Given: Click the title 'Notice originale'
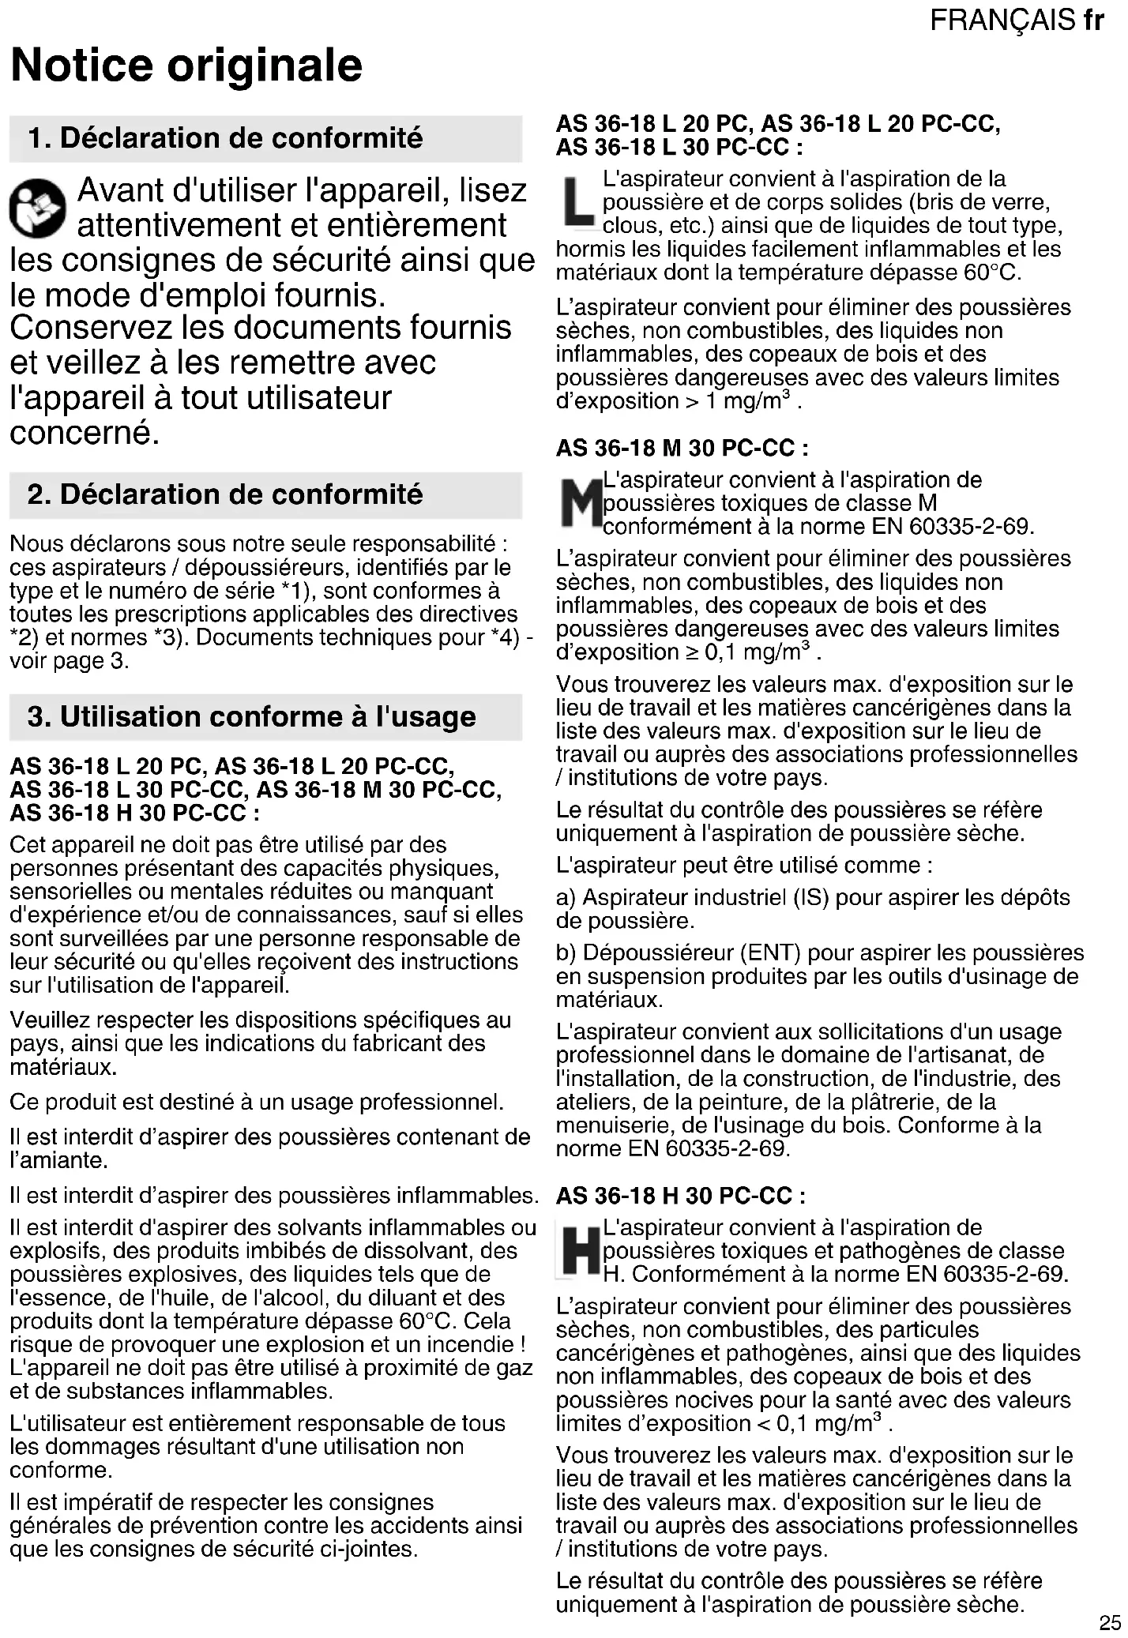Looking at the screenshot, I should point(186,65).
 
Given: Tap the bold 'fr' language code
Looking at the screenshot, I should point(1093,20).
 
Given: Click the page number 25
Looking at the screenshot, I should point(1109,1623).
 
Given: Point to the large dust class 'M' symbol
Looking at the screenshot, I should point(579,503).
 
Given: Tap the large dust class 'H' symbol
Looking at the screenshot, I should point(579,1251).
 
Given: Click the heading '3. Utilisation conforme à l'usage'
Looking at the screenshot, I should point(251,716).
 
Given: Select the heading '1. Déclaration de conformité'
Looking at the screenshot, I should point(225,138).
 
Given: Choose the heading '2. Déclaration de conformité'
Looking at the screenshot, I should point(225,494).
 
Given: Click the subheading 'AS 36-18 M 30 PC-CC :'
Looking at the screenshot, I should point(682,449).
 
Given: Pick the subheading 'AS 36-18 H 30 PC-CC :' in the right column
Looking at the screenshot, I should point(680,1196).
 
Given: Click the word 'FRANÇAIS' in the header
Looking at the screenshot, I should point(1002,20).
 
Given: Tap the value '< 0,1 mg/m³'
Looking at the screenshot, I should point(825,1423).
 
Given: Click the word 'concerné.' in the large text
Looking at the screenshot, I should point(85,433).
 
